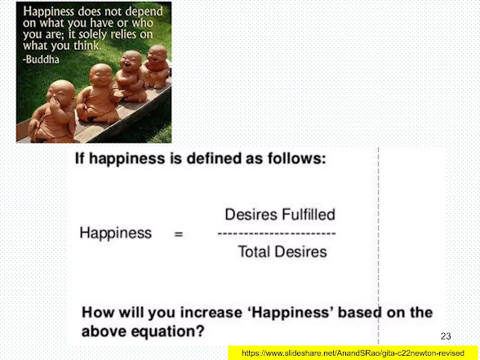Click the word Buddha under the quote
click(42, 59)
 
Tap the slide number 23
click(446, 336)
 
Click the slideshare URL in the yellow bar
click(353, 353)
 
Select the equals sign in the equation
click(179, 234)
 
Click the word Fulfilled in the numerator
click(309, 214)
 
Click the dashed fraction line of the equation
click(277, 233)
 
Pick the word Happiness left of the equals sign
click(116, 233)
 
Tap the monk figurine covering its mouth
click(52, 112)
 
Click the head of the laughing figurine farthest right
click(158, 54)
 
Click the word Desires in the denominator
click(300, 251)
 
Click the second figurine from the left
click(98, 95)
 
